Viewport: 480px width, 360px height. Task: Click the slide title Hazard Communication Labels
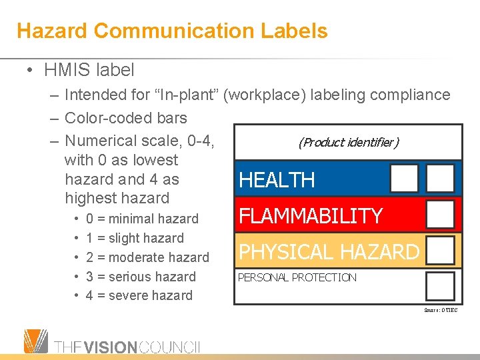(x=172, y=31)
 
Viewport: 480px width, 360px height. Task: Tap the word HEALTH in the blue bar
(x=277, y=180)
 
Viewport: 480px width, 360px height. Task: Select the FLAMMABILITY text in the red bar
(x=311, y=216)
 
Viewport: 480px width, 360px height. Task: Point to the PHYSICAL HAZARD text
(x=329, y=252)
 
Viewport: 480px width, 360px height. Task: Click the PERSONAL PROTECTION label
(x=297, y=277)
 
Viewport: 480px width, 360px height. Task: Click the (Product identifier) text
(x=348, y=142)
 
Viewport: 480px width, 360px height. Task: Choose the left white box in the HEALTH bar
(x=404, y=178)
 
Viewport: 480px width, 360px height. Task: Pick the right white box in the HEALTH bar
(x=440, y=178)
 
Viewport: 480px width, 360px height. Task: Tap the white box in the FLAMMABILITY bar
(x=440, y=215)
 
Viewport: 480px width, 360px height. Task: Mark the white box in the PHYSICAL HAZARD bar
(x=440, y=251)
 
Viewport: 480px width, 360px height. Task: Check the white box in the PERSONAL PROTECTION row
(x=440, y=287)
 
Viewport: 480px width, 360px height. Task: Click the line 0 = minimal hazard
(x=143, y=219)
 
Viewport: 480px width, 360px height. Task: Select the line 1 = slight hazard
(x=135, y=238)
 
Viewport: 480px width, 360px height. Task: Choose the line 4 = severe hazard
(x=139, y=295)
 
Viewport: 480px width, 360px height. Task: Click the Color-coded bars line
(x=125, y=118)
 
